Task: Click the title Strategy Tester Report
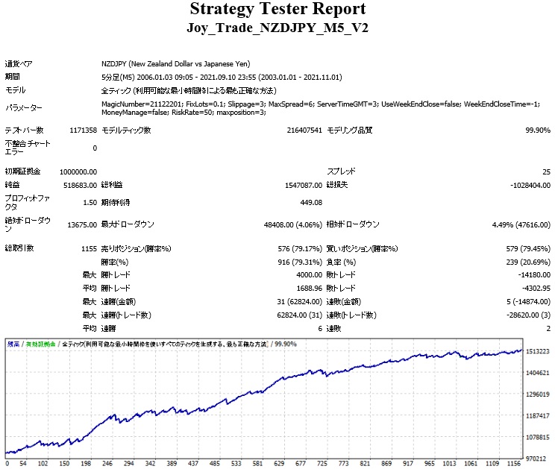[x=277, y=10]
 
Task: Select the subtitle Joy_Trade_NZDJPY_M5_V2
[x=277, y=28]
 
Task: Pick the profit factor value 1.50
[x=88, y=202]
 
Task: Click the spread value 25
[x=546, y=171]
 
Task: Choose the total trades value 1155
[x=87, y=248]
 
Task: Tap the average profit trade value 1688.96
[x=305, y=288]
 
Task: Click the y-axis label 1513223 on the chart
[x=538, y=350]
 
